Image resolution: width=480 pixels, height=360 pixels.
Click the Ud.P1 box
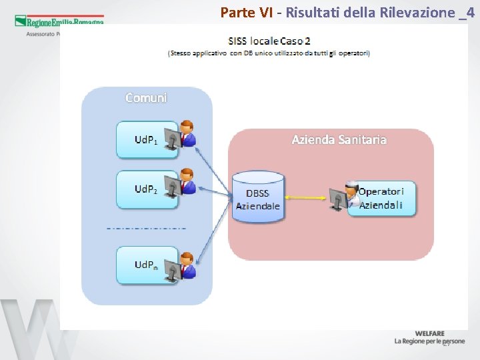(146, 140)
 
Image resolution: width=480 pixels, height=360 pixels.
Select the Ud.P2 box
(146, 189)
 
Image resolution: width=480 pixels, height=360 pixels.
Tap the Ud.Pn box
(146, 265)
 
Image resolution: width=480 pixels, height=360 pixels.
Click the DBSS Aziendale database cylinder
(258, 194)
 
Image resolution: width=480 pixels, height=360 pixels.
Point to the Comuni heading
(147, 98)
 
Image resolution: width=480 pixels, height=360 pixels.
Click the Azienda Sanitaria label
(339, 140)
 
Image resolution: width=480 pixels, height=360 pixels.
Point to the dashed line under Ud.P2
(146, 228)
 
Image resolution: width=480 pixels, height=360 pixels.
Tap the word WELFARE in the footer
(429, 333)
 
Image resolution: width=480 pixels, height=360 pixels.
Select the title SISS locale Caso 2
(269, 41)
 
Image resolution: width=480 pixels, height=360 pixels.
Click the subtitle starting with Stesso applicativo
(269, 53)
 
